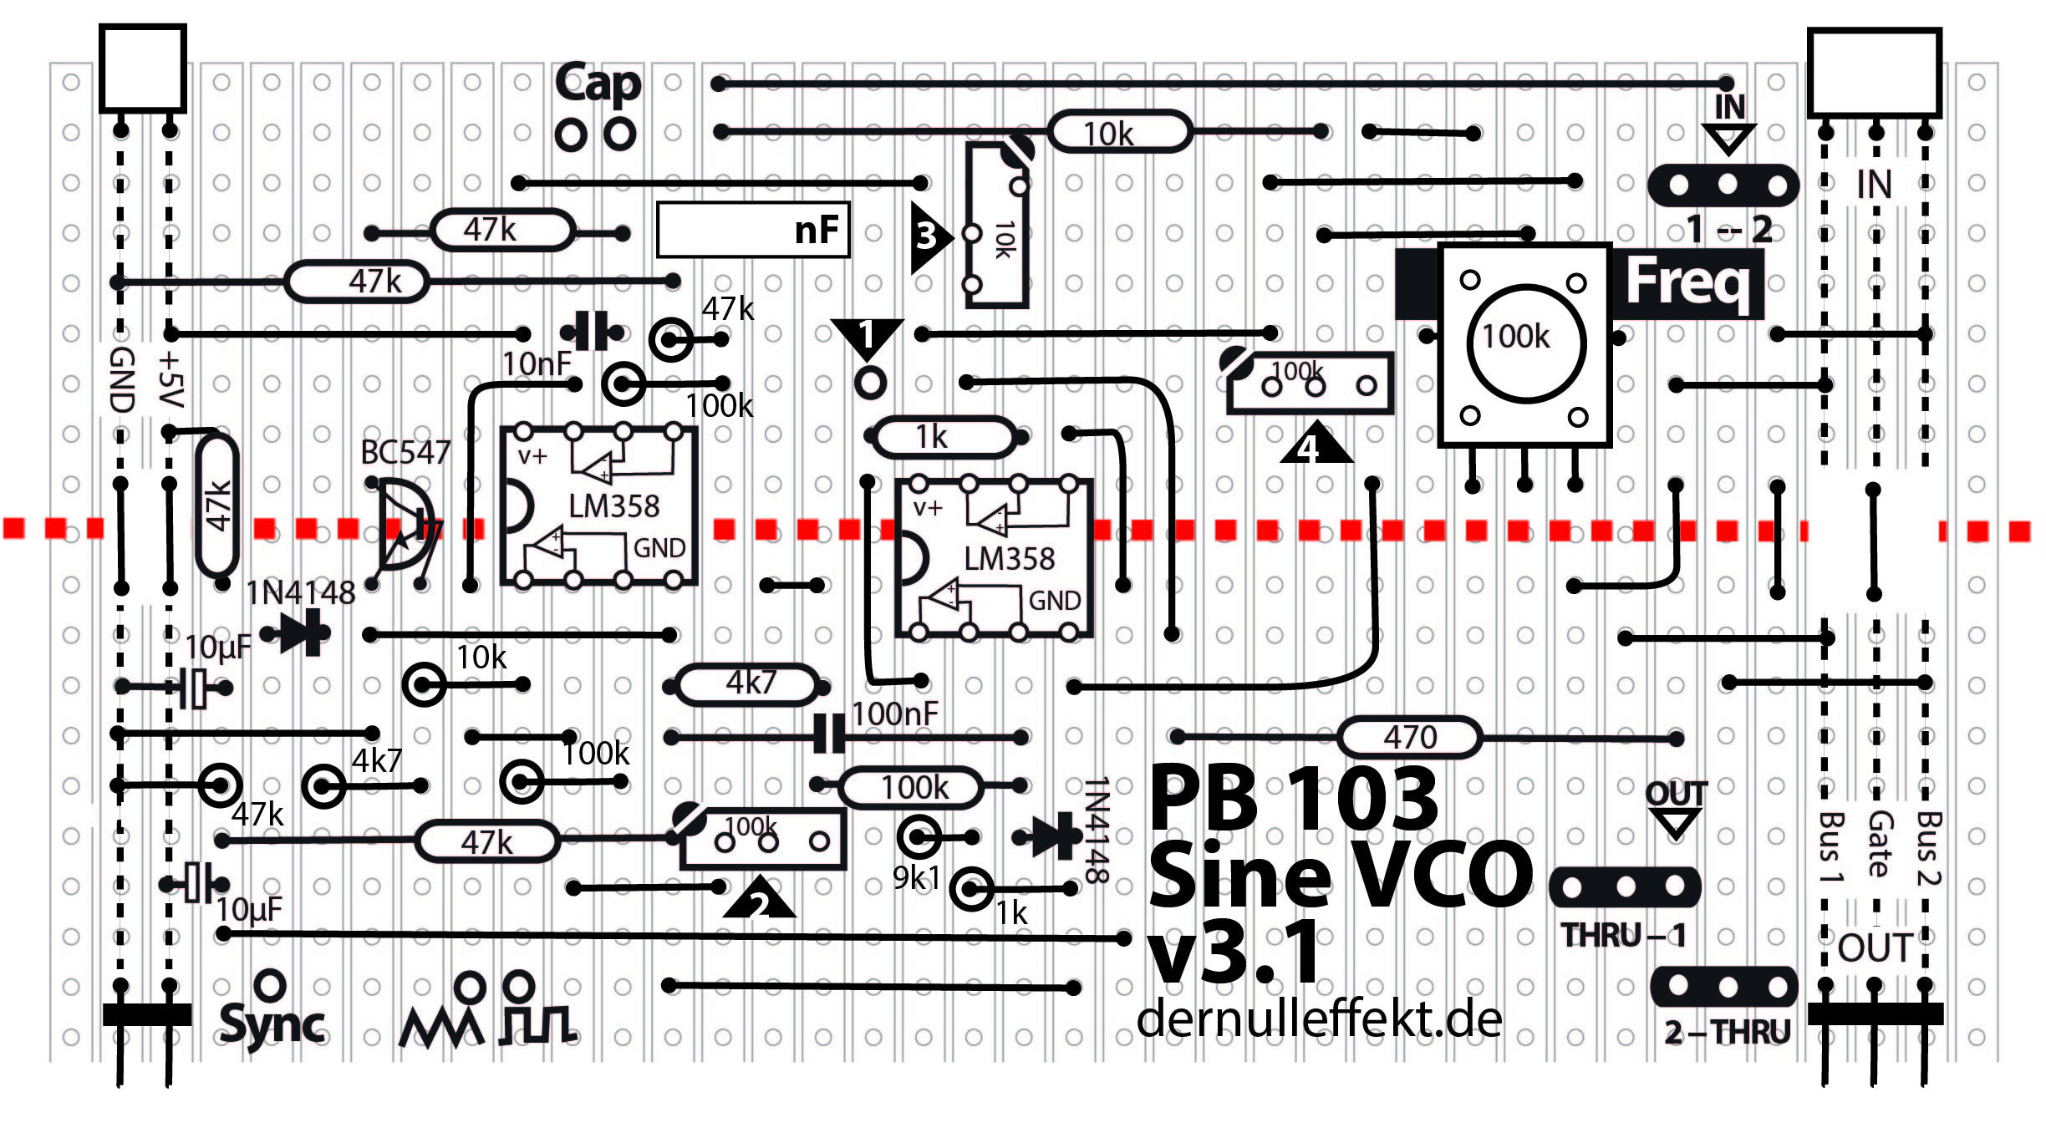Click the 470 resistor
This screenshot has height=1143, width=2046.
[1409, 737]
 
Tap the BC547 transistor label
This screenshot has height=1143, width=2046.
[405, 452]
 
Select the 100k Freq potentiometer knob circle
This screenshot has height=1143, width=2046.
[1526, 343]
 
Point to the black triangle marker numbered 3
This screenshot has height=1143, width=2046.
[928, 236]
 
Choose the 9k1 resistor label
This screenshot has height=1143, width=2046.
[916, 877]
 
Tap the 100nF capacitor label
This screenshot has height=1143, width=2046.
[894, 714]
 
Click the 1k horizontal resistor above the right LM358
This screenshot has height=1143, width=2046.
[943, 436]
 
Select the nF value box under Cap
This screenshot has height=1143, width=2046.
[753, 229]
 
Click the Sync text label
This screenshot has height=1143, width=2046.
[272, 1024]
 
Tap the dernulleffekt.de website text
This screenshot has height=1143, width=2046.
[1319, 1019]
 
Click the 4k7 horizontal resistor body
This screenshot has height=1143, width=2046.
[748, 684]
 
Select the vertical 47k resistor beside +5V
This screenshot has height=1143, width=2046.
[217, 505]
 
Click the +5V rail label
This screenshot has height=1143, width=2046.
[170, 380]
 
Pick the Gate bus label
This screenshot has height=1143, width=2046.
[1879, 844]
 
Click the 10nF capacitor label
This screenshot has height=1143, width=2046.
[536, 364]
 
